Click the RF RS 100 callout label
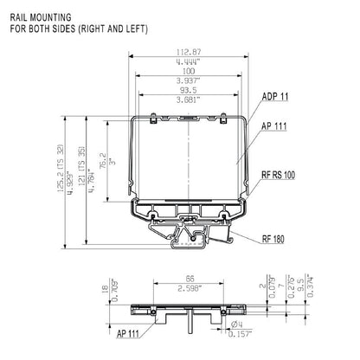point(277,175)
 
